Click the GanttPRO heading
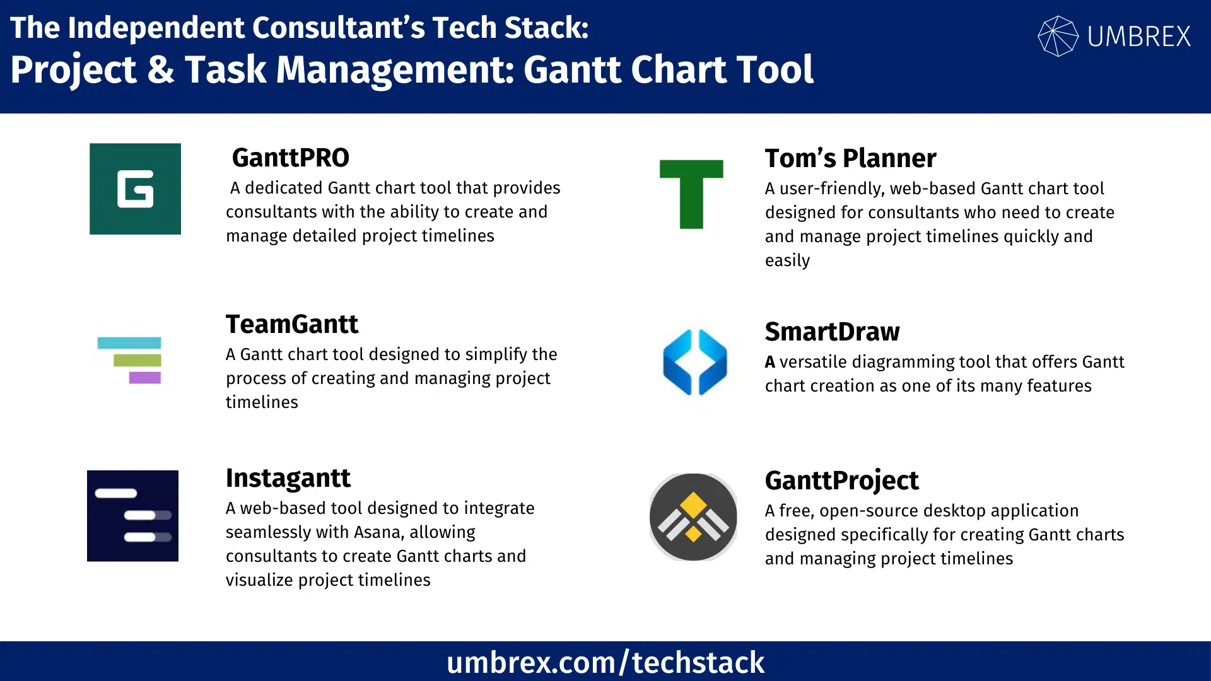[x=290, y=158]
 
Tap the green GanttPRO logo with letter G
[x=135, y=189]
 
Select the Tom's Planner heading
[x=850, y=158]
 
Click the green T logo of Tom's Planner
[x=691, y=194]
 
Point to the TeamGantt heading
[x=292, y=324]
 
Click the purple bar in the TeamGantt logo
[x=144, y=378]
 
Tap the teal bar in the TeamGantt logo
[x=129, y=343]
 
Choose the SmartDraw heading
[x=832, y=332]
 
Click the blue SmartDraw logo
[x=694, y=362]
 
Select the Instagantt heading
[x=288, y=478]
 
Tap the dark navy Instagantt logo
[x=132, y=516]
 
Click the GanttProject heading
[x=841, y=480]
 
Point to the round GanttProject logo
[x=693, y=517]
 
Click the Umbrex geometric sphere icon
[x=1058, y=36]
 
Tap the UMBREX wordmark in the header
[x=1139, y=37]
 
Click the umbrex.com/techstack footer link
[x=605, y=662]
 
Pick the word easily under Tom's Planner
[x=787, y=260]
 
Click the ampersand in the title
[x=161, y=69]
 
